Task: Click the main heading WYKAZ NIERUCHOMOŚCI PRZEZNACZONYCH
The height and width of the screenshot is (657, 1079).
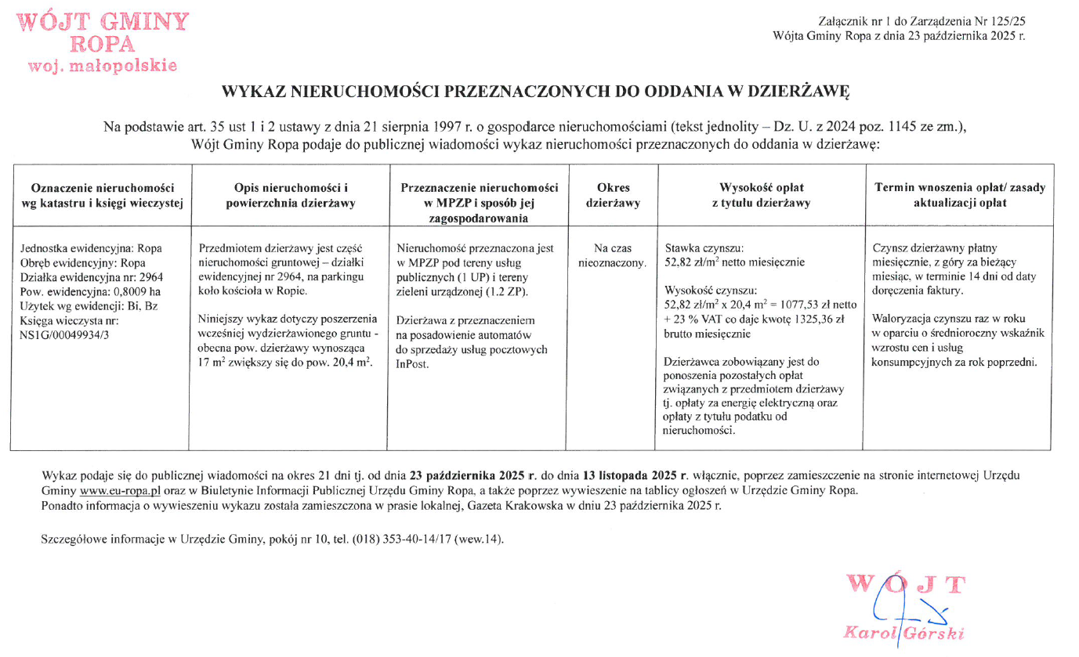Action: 536,92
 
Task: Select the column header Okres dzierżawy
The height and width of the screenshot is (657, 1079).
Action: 613,196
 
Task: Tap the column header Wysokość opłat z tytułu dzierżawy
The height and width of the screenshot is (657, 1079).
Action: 761,196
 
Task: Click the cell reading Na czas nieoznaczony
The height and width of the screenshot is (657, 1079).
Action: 613,255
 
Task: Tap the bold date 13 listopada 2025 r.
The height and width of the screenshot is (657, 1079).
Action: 635,475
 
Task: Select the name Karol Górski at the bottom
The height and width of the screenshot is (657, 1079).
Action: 902,633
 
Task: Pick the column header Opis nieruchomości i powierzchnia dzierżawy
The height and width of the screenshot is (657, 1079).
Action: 291,196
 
